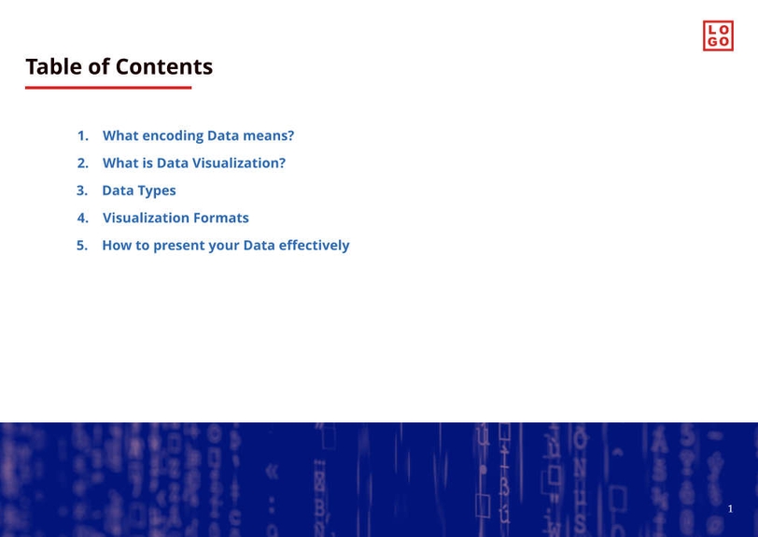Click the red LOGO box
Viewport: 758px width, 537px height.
(x=718, y=35)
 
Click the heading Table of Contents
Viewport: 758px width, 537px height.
(x=119, y=67)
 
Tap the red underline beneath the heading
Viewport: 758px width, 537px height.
(x=108, y=88)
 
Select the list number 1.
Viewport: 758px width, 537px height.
(x=82, y=135)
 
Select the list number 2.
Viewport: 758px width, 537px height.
(x=82, y=163)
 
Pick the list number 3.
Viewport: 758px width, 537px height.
(x=82, y=191)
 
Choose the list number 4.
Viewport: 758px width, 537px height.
(x=82, y=218)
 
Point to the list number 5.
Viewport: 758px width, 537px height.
(x=82, y=246)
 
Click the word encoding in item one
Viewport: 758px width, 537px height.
(x=173, y=136)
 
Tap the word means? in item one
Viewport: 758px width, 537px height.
(x=269, y=136)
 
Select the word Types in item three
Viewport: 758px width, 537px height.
(x=157, y=191)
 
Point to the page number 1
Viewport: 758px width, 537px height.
(x=730, y=509)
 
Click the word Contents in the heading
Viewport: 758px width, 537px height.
(x=163, y=67)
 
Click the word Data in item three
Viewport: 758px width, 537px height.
(x=118, y=191)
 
